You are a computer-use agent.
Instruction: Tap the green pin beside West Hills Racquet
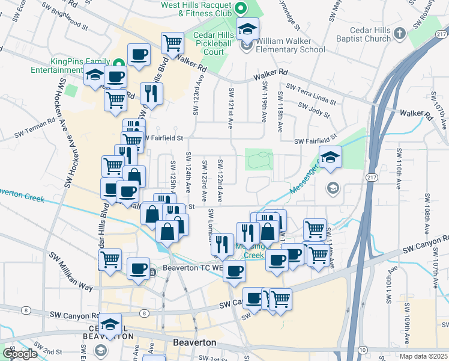241,8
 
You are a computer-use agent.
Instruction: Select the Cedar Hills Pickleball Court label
209,43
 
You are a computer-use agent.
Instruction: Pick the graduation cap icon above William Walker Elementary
246,28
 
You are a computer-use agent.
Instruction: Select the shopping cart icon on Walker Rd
173,43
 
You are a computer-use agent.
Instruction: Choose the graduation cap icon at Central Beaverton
110,324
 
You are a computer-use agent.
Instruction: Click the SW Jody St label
315,109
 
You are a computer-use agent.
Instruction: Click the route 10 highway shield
362,350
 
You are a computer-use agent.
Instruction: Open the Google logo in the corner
20,354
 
